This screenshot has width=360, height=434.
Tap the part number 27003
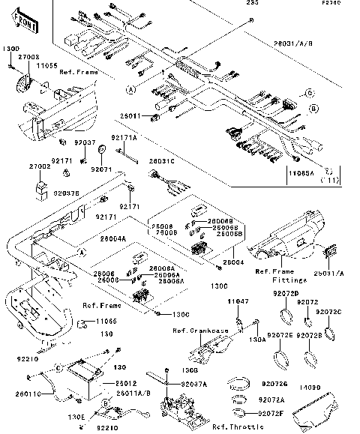point(28,56)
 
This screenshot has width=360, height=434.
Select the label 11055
point(48,65)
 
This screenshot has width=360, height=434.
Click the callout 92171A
point(124,138)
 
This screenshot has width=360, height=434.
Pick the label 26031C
point(161,161)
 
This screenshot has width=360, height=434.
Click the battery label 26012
point(125,383)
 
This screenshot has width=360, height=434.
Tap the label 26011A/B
point(132,391)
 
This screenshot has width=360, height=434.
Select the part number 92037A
point(194,383)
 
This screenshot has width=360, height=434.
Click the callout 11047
point(238,301)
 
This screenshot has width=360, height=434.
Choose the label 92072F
point(270,412)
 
